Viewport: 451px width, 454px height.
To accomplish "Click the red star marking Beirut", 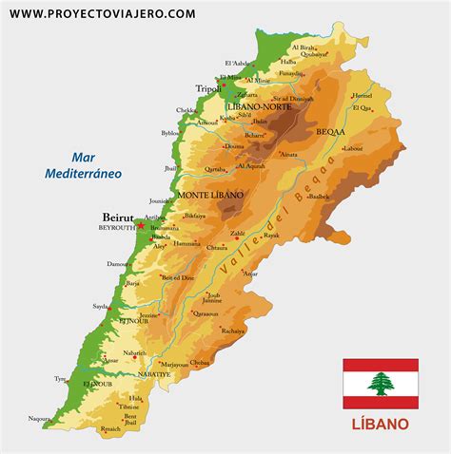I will tap(140, 226).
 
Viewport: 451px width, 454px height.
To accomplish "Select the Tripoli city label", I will tap(207, 88).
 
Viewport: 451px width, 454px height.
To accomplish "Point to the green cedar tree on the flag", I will tap(381, 384).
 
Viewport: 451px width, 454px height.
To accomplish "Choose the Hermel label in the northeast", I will tap(362, 96).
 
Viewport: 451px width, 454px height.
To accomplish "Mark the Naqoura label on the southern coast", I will tap(39, 417).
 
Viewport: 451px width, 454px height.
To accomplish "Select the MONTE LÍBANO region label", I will tap(210, 194).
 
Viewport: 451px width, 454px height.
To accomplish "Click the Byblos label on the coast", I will tap(170, 134).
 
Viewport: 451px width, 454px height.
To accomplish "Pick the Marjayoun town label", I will tap(174, 364).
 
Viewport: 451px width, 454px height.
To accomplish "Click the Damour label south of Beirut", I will tap(118, 263).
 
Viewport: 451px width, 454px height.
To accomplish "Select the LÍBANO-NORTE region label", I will tap(258, 107).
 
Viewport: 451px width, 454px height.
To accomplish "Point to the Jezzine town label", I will tap(148, 314).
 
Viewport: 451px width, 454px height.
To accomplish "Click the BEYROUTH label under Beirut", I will tap(117, 228).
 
